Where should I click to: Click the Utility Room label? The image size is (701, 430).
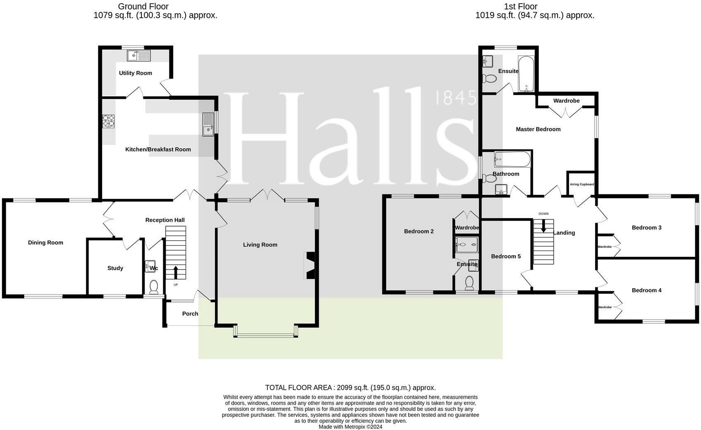pyautogui.click(x=136, y=73)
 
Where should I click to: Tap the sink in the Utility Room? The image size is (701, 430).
pyautogui.click(x=138, y=56)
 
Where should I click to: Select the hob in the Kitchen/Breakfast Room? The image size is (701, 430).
pyautogui.click(x=108, y=122)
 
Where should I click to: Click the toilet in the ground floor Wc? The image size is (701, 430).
pyautogui.click(x=154, y=287)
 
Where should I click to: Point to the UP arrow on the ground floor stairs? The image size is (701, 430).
pyautogui.click(x=176, y=272)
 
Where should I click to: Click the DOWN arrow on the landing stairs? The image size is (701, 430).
pyautogui.click(x=544, y=226)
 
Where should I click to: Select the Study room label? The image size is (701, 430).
pyautogui.click(x=115, y=268)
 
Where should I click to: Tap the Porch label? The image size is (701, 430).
pyautogui.click(x=190, y=313)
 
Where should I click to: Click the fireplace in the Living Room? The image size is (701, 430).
pyautogui.click(x=310, y=265)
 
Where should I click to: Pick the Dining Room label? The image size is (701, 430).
pyautogui.click(x=46, y=243)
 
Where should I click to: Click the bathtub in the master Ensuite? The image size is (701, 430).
pyautogui.click(x=526, y=74)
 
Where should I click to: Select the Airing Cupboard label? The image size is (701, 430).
pyautogui.click(x=582, y=184)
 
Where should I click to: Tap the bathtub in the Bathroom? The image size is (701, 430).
pyautogui.click(x=512, y=159)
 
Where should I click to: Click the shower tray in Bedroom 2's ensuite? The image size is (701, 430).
pyautogui.click(x=467, y=245)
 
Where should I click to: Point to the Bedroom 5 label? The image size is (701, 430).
pyautogui.click(x=506, y=256)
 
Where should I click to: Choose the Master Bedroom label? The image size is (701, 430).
pyautogui.click(x=538, y=129)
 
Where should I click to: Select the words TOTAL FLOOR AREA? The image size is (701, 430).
pyautogui.click(x=298, y=388)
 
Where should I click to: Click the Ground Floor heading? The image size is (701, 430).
pyautogui.click(x=143, y=6)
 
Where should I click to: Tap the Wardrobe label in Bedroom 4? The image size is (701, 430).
pyautogui.click(x=605, y=307)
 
